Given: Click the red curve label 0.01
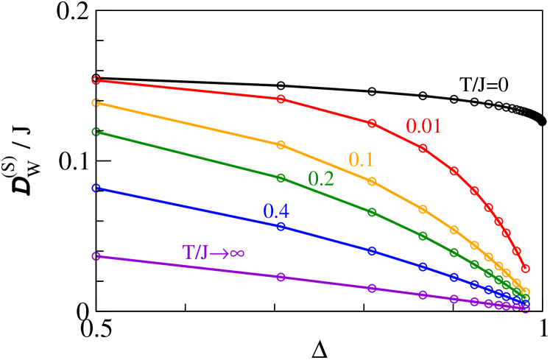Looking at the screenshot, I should click(x=424, y=127).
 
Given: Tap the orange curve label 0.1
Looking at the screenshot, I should click(x=361, y=160).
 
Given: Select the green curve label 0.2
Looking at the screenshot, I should click(x=321, y=179).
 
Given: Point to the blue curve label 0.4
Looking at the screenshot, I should click(x=276, y=212).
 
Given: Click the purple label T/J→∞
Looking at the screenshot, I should click(x=214, y=253).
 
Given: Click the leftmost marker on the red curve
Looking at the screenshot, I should click(x=95, y=80).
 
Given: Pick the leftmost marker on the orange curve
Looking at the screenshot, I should click(x=95, y=103).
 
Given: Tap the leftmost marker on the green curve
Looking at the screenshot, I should click(x=95, y=132).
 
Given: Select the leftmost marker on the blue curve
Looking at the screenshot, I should click(x=95, y=188).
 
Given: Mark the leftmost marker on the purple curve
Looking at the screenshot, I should click(x=95, y=256).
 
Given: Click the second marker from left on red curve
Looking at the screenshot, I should click(x=281, y=99).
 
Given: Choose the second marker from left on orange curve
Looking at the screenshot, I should click(x=281, y=145).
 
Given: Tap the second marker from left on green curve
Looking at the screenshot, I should click(x=281, y=178).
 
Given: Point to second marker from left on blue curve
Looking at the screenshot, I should click(x=281, y=226).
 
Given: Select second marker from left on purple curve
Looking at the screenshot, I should click(x=281, y=277).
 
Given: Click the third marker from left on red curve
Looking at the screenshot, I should click(x=372, y=123).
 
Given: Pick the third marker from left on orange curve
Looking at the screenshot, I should click(x=372, y=181).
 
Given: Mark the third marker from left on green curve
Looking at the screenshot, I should click(x=372, y=212).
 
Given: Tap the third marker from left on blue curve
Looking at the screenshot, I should click(x=372, y=251).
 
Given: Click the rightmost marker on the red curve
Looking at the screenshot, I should click(x=525, y=268).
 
